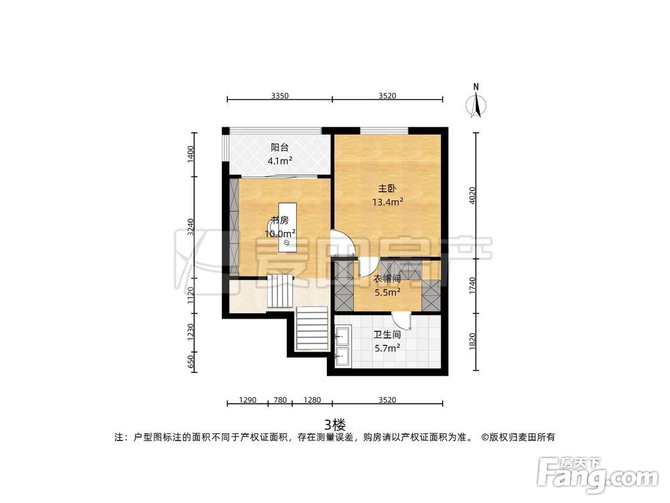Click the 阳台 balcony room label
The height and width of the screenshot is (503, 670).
(x=279, y=148)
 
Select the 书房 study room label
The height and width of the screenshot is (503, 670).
(x=279, y=220)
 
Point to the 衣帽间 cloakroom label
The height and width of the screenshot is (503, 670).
(x=387, y=280)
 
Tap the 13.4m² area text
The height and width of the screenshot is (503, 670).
(x=387, y=201)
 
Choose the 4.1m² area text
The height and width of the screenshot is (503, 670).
(x=279, y=161)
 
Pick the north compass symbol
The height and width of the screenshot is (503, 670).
(x=476, y=104)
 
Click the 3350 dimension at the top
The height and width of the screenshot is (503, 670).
(x=279, y=96)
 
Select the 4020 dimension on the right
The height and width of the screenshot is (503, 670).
(x=474, y=196)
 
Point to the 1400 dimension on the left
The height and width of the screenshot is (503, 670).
(x=191, y=154)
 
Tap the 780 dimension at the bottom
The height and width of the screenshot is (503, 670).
(x=280, y=400)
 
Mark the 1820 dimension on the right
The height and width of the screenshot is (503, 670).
(x=474, y=341)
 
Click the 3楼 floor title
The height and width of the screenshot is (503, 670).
(x=334, y=424)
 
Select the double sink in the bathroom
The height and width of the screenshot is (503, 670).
(x=342, y=345)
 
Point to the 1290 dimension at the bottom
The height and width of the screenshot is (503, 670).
(x=248, y=400)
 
